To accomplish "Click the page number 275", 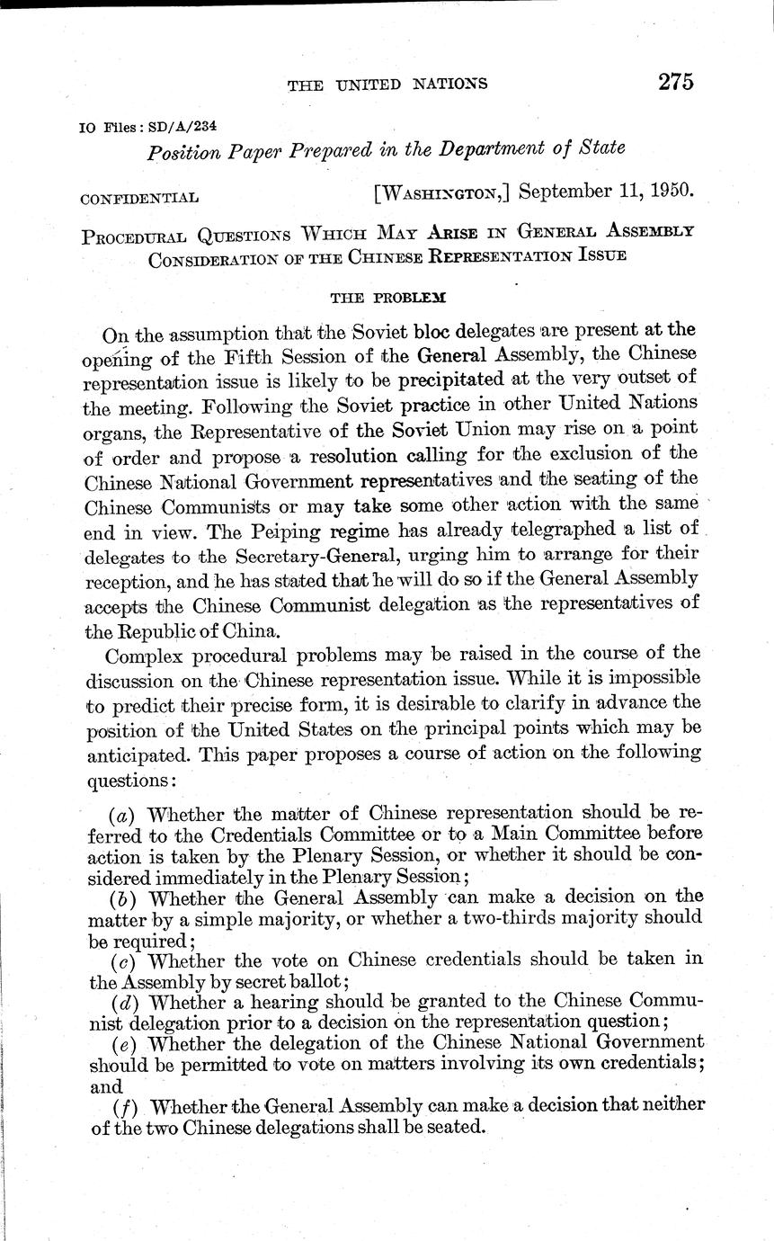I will [675, 82].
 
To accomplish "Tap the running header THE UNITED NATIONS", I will [387, 85].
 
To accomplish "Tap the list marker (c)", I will [122, 960].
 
